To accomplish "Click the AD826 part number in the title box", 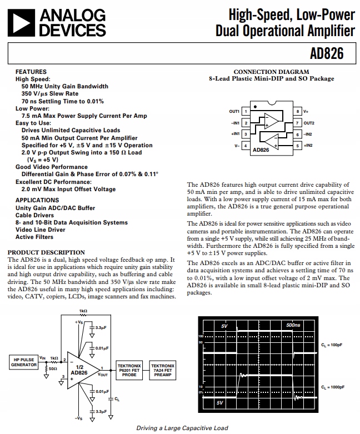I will [328, 54].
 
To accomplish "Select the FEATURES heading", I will [31, 72].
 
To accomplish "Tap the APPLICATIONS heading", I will [37, 200].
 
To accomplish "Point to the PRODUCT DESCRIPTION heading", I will [46, 252].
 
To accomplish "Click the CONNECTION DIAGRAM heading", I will [271, 72].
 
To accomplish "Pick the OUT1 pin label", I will [234, 112].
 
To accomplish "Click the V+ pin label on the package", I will [306, 112].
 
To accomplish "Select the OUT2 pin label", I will [309, 123].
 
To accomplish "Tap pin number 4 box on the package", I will [245, 146].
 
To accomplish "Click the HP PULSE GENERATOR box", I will [23, 362].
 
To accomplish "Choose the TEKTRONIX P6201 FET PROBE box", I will [129, 369].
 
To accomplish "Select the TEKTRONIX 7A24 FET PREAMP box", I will [163, 369].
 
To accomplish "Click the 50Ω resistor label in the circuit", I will [53, 368].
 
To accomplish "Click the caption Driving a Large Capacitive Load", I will [182, 428].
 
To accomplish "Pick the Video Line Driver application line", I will [40, 230].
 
